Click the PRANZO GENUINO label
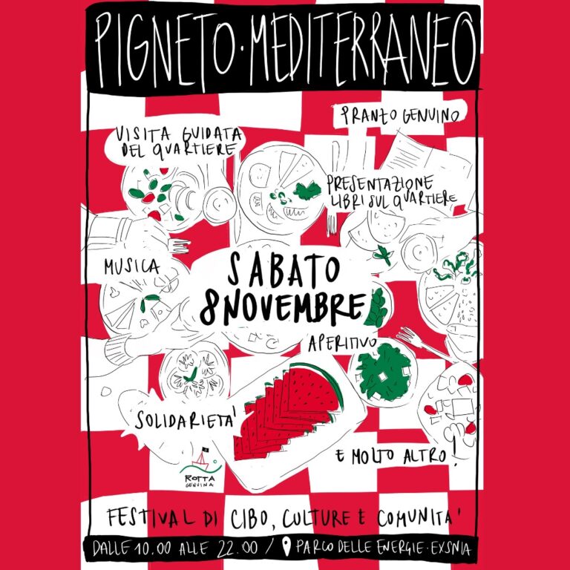404,114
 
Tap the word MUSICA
131,265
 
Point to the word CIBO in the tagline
243,517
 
